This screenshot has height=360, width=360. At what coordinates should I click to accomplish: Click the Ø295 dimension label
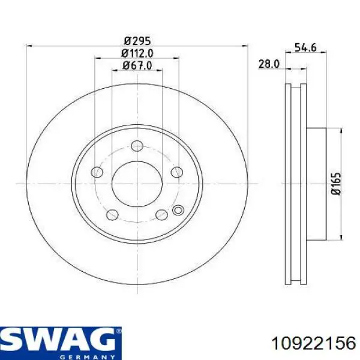tap(137, 41)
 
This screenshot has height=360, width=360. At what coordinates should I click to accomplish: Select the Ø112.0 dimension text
tap(137, 53)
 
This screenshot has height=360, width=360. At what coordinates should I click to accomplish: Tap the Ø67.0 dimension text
tap(137, 65)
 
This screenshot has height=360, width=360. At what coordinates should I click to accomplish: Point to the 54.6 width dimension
tap(305, 47)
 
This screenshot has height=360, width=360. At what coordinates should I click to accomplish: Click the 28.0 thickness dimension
tap(269, 64)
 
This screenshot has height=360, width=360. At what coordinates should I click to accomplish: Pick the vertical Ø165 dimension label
tap(337, 184)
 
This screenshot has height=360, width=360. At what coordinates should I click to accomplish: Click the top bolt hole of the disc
tap(137, 146)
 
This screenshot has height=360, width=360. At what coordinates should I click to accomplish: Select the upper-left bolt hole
tap(97, 172)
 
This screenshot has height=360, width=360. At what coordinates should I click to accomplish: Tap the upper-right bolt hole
tap(177, 172)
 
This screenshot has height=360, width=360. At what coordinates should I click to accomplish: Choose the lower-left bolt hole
tap(113, 215)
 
